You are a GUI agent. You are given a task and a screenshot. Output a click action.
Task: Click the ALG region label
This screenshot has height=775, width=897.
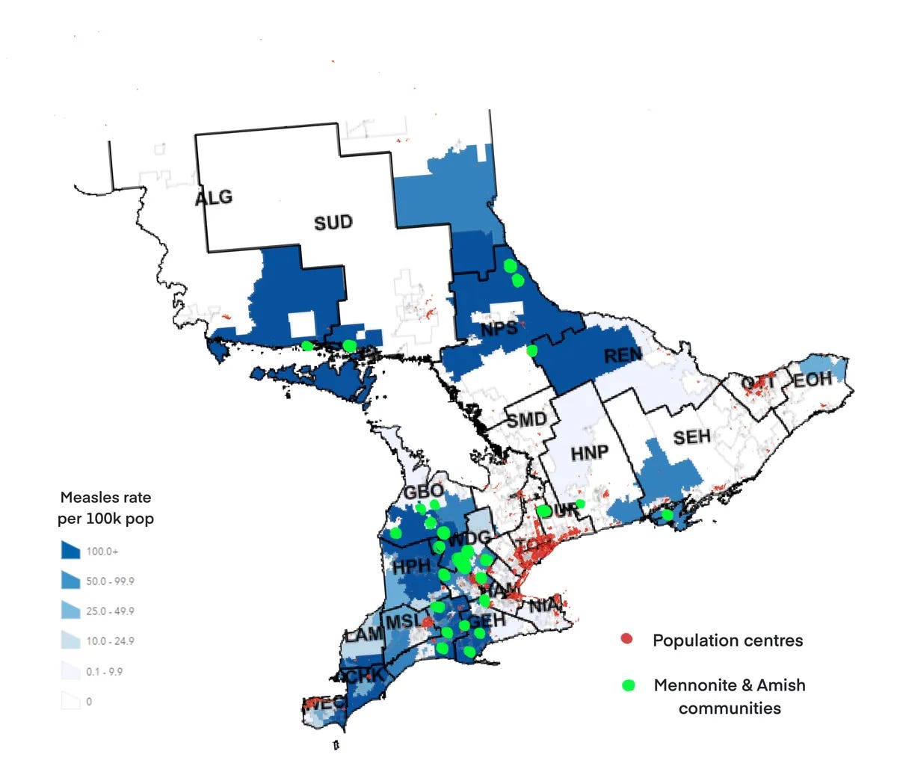[x=214, y=198]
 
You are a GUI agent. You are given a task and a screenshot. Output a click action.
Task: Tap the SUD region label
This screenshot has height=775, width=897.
[x=333, y=223]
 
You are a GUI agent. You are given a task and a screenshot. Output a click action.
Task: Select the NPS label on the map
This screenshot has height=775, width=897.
[x=499, y=329]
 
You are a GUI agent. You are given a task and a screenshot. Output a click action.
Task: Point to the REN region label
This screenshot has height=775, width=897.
[x=623, y=356]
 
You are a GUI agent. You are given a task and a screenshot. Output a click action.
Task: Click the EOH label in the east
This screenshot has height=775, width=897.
[x=813, y=380]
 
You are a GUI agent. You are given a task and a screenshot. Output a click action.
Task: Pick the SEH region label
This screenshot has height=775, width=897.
[x=691, y=436]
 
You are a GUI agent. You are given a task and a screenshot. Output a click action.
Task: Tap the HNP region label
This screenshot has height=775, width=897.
[x=589, y=453]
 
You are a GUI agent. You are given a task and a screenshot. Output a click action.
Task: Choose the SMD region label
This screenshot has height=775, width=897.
[x=527, y=420]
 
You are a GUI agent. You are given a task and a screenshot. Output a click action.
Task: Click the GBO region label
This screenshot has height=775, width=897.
[x=424, y=493]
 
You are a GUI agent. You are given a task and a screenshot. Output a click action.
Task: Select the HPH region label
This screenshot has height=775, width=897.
[x=412, y=566]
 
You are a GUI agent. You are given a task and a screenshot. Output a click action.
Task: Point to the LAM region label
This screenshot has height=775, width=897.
[x=363, y=634]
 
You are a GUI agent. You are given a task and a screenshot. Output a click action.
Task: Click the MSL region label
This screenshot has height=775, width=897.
[x=402, y=621]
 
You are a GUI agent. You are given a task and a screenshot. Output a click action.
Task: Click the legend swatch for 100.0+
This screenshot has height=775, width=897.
[x=70, y=551]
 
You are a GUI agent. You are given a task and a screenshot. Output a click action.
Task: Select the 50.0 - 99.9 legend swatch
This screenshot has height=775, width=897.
[x=70, y=581]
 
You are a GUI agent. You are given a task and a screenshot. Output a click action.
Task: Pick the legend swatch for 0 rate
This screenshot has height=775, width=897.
[x=70, y=701]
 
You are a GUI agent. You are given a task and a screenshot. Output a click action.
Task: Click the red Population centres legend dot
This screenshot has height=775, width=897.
[x=627, y=640]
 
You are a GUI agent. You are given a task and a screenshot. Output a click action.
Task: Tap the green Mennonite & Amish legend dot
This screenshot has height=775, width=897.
[x=628, y=685]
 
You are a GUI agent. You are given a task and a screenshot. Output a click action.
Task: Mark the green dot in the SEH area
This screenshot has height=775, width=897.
[x=667, y=515]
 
